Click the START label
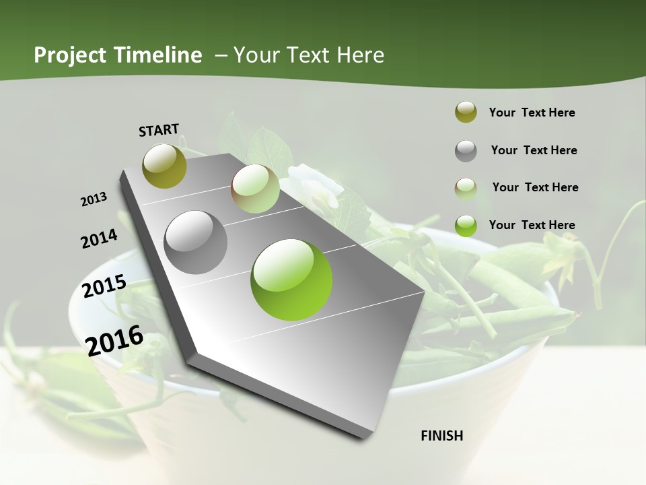click(x=159, y=130)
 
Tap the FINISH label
click(x=442, y=436)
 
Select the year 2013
click(x=94, y=199)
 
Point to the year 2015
click(x=104, y=286)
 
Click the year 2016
click(x=114, y=339)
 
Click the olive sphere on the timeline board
click(x=164, y=166)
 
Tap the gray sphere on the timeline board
click(x=196, y=242)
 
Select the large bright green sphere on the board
click(x=291, y=280)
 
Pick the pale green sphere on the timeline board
click(x=255, y=188)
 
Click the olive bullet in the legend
click(x=466, y=112)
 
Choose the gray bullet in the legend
click(x=466, y=151)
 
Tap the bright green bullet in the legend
click(x=466, y=225)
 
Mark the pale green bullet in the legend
click(x=466, y=188)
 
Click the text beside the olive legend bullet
click(x=532, y=113)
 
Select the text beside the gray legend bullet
click(x=534, y=150)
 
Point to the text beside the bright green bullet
click(x=532, y=225)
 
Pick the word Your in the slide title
click(x=256, y=55)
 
